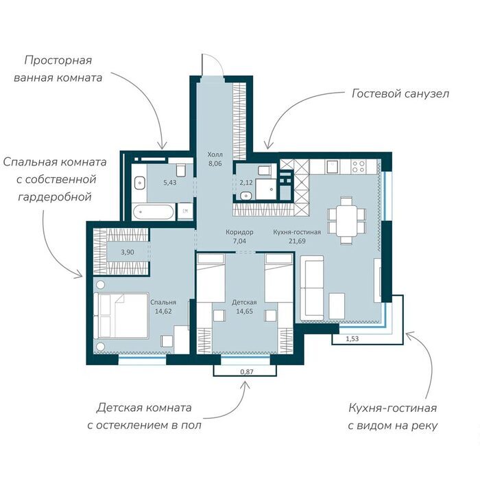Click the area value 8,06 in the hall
coord(215,163)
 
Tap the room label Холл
coord(215,154)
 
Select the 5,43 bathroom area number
coord(170,183)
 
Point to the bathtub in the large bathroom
coord(153,211)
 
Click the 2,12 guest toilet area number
coord(246,183)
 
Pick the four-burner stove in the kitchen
coord(359,166)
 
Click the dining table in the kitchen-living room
coord(346,220)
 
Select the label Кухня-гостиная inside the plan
coord(297,232)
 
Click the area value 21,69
coord(297,241)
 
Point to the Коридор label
coord(239,232)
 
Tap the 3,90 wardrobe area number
coord(128,252)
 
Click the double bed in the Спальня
coord(121,316)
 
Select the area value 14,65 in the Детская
coord(245,311)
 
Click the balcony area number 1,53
coord(352,338)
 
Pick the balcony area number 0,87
coord(247,371)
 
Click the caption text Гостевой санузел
coord(400,93)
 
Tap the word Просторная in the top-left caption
coord(58,60)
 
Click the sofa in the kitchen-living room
coord(312,288)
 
